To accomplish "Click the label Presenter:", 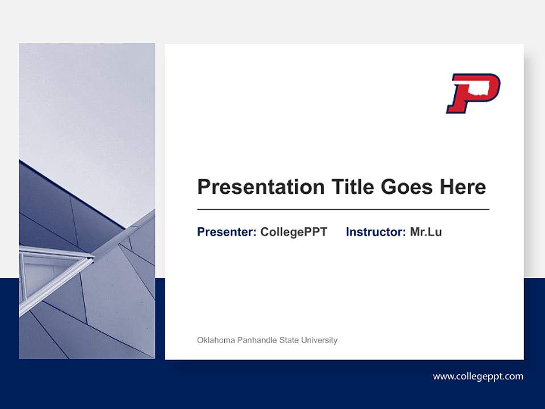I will tap(227, 232).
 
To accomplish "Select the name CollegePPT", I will tap(294, 232).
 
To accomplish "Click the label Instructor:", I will tap(375, 232).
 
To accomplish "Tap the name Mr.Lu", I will tap(426, 232).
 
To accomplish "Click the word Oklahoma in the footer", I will tap(216, 340).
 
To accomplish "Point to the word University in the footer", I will tap(319, 340).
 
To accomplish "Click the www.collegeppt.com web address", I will tap(478, 376).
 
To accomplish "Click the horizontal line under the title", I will tap(343, 210).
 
